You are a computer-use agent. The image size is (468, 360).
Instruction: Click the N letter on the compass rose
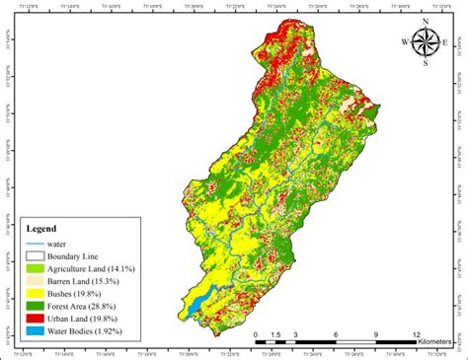(x=426, y=22)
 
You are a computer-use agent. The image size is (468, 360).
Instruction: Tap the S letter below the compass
(x=426, y=63)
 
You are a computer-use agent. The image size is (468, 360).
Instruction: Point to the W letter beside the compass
(x=405, y=42)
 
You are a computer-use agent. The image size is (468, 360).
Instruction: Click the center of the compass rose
(x=426, y=42)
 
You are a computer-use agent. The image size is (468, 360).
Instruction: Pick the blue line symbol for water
(x=37, y=244)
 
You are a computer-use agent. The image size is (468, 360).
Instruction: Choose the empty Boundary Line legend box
(x=37, y=256)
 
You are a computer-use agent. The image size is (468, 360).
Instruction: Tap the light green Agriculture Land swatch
(x=37, y=268)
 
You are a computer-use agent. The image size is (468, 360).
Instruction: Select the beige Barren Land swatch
(x=37, y=281)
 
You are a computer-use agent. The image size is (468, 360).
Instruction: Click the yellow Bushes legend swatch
(x=37, y=293)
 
